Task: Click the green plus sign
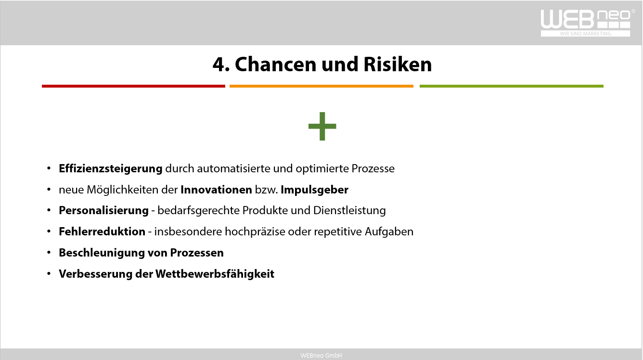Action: point(322,126)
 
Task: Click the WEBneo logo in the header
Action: point(587,23)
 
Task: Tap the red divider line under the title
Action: point(133,86)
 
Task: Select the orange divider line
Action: point(321,86)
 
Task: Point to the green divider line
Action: point(512,86)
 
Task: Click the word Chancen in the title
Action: point(276,64)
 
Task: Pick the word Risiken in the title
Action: point(398,64)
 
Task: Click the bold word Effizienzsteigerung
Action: point(111,168)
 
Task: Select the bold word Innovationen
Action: point(216,190)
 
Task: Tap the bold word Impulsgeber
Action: point(315,190)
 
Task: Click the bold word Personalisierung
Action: point(103,210)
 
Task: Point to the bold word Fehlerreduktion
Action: point(102,231)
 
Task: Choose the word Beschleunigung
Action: point(102,253)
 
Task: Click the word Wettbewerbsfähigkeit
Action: point(215,274)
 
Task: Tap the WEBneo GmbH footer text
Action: point(321,355)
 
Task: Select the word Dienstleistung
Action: point(349,210)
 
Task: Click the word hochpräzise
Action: point(255,231)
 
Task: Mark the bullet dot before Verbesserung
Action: point(49,273)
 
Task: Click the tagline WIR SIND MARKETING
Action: point(585,34)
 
